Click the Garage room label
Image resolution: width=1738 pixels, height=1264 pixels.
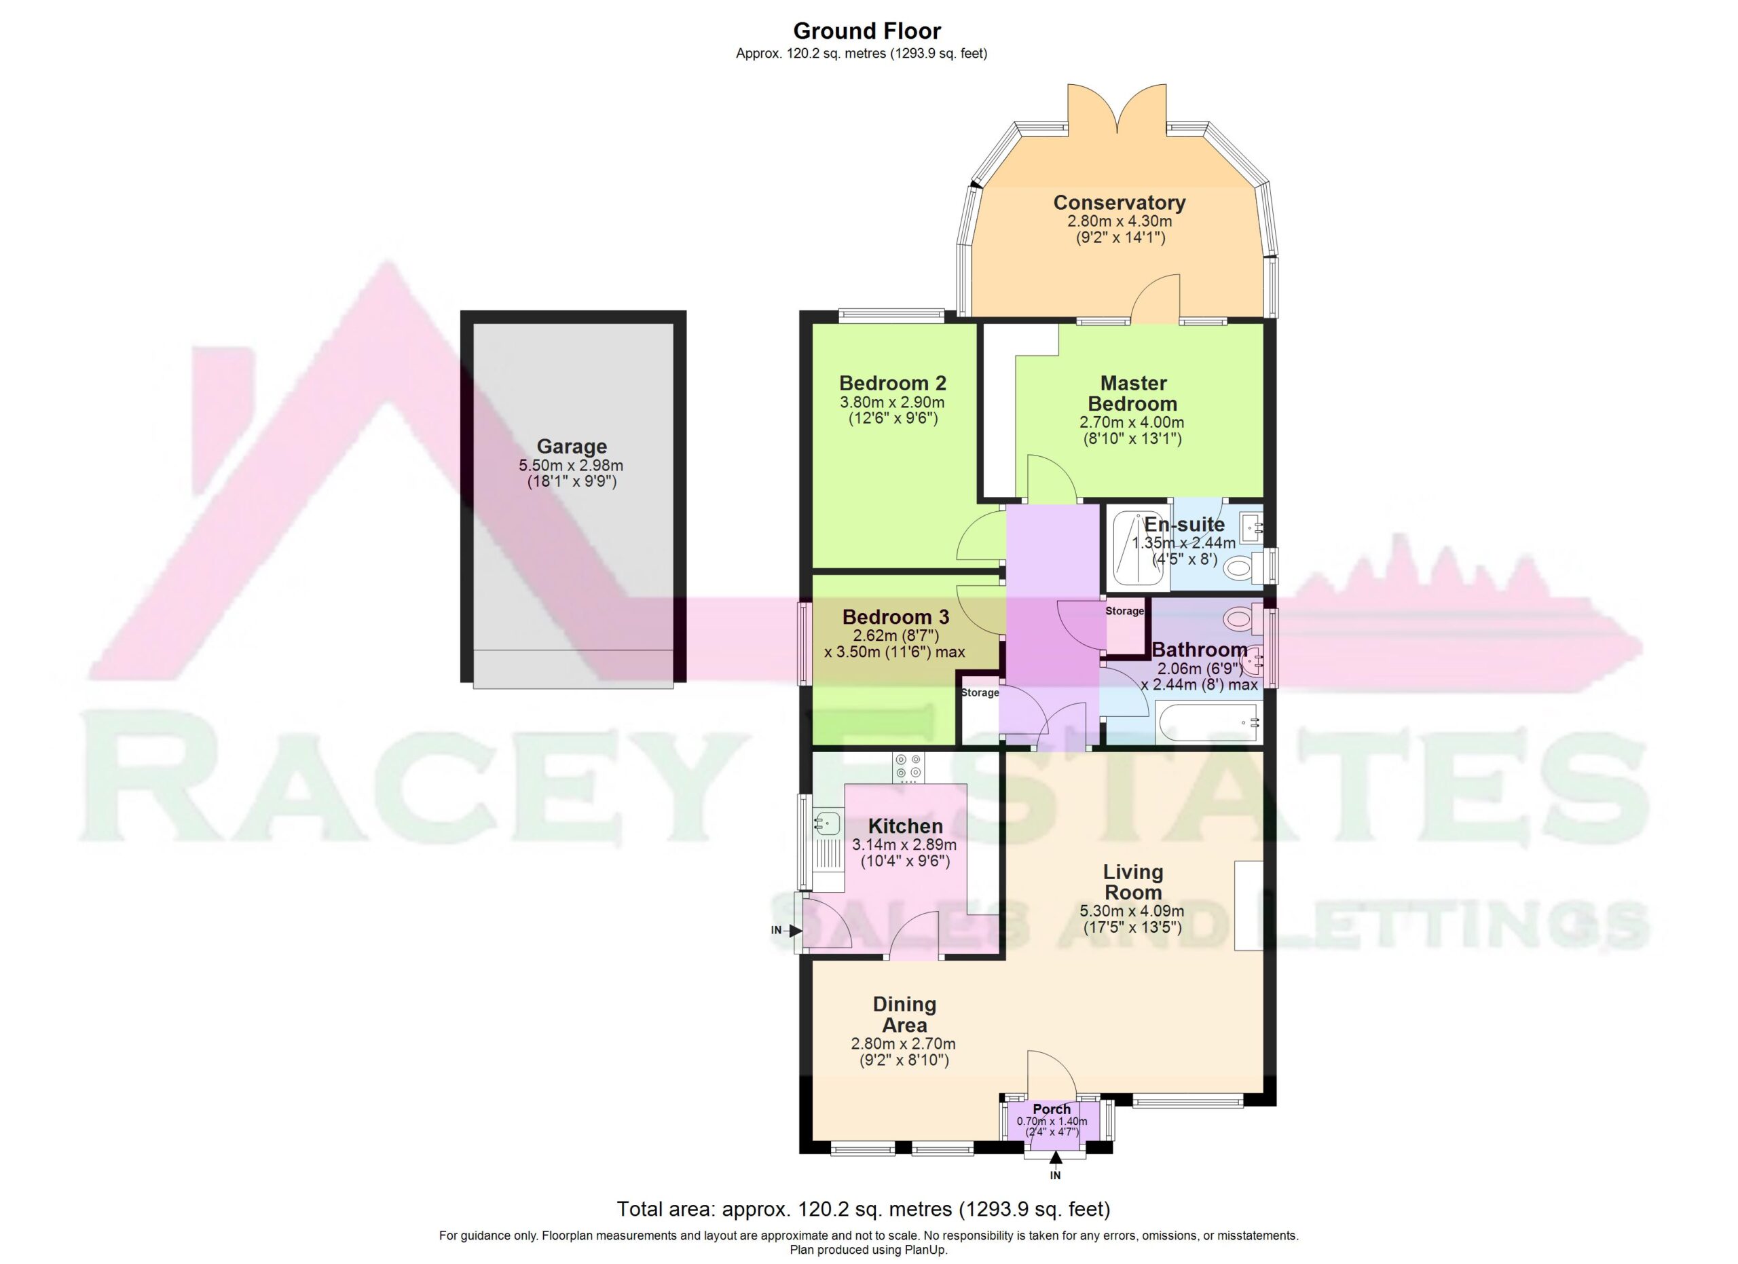coord(571,446)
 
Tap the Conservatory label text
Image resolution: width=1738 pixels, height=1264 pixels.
coord(1119,202)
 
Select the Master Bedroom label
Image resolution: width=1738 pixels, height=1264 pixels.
coord(1132,393)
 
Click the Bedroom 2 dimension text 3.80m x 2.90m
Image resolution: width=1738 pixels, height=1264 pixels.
coord(892,402)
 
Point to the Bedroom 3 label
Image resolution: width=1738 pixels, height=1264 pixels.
coord(895,616)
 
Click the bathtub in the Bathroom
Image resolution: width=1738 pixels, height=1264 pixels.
coord(1209,722)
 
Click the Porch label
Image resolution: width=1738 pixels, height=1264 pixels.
coord(1052,1109)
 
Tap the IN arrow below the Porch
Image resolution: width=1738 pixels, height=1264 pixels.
coord(1055,1157)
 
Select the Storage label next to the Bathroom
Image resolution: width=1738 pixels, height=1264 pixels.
coord(1124,610)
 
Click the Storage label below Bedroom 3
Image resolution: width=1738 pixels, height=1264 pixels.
coord(980,692)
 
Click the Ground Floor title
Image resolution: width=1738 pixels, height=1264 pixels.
coord(867,31)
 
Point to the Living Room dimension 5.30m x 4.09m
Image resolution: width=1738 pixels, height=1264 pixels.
coord(1132,911)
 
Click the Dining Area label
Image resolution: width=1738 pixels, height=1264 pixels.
coord(904,1014)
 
